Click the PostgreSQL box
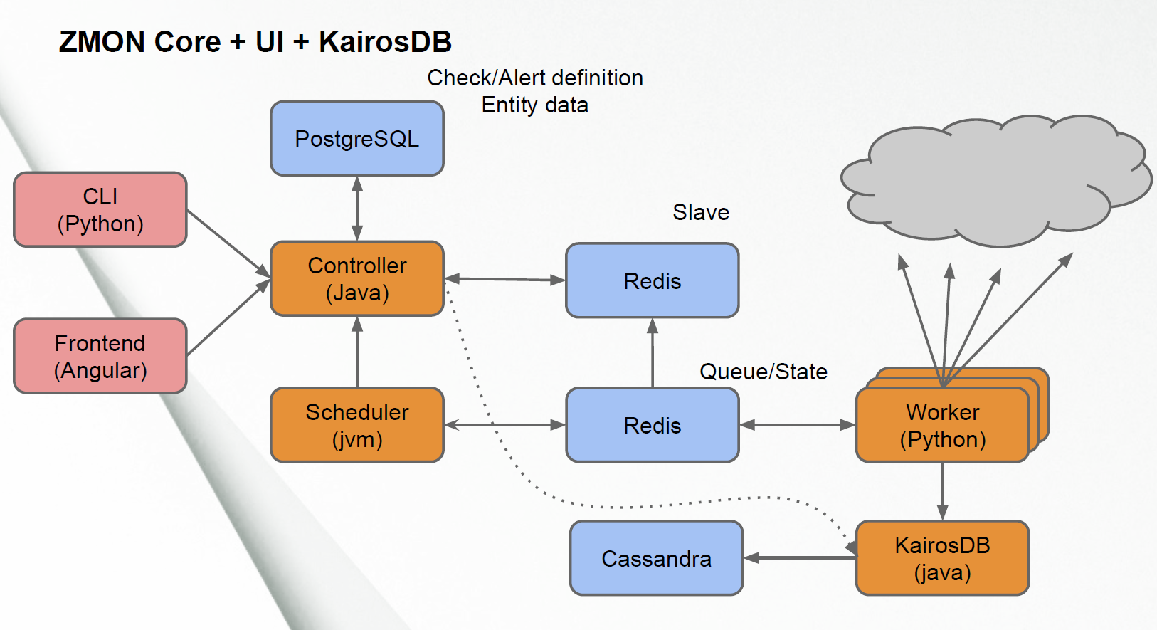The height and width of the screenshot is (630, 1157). [x=357, y=139]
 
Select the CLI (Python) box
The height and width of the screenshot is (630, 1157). [x=100, y=209]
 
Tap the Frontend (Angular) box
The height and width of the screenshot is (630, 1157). [x=100, y=356]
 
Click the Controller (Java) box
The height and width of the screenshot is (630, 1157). [x=357, y=278]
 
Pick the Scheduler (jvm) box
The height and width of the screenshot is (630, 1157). [x=357, y=425]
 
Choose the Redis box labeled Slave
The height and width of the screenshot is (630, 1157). [x=653, y=280]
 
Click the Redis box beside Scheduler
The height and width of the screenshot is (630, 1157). [x=653, y=425]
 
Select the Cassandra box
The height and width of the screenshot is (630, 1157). [x=657, y=558]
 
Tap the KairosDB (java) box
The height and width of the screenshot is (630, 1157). [x=943, y=558]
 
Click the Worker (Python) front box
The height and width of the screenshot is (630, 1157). [x=943, y=425]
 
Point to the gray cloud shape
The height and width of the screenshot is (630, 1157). [x=997, y=181]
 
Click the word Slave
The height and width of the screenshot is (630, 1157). [x=701, y=212]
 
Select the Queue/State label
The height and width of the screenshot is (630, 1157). [x=764, y=372]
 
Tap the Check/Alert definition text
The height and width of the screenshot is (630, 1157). [x=535, y=78]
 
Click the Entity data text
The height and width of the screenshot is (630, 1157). [x=535, y=105]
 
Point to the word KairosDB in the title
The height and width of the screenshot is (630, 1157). [x=386, y=41]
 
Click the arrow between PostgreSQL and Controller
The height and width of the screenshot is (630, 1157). [x=357, y=209]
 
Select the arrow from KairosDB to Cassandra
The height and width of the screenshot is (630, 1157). [x=800, y=558]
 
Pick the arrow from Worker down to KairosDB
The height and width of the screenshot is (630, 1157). [x=943, y=491]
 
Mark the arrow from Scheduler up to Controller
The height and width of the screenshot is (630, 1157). [x=357, y=352]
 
